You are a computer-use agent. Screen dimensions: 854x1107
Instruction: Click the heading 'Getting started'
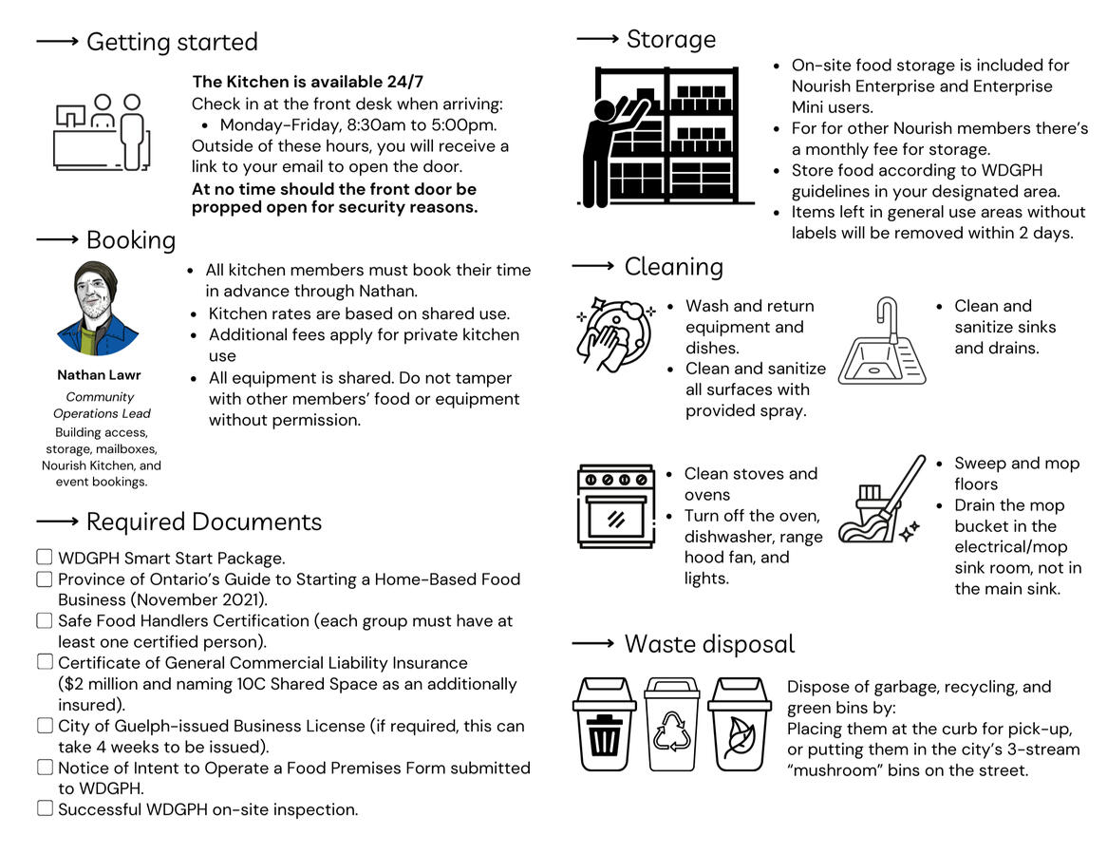point(172,43)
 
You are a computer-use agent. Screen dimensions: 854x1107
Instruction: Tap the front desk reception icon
point(103,133)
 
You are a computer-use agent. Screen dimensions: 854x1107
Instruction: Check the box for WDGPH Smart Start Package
point(45,558)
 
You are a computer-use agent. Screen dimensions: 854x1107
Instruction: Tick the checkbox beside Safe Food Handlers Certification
point(45,620)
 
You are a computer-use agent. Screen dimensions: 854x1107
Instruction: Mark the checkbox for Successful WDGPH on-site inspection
point(45,809)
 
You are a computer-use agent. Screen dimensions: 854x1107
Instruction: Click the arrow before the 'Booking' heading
point(57,239)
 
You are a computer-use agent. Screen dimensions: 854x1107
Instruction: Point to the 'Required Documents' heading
point(203,522)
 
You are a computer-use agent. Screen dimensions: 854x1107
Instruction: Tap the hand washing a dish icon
point(615,332)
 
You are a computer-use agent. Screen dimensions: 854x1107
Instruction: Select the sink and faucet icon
point(882,342)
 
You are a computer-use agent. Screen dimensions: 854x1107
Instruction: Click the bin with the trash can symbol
point(604,724)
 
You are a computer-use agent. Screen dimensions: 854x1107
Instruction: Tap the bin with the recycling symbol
point(671,724)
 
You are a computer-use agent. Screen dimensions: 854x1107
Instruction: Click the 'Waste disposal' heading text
point(709,645)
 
